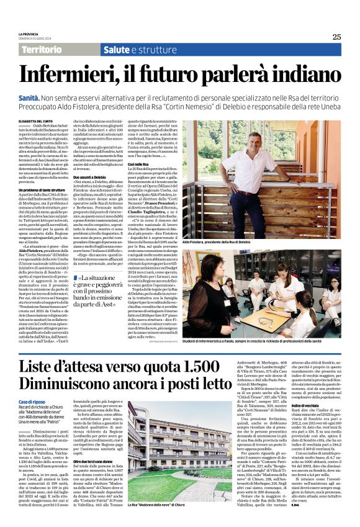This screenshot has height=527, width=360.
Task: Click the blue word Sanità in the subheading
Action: click(x=29, y=98)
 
